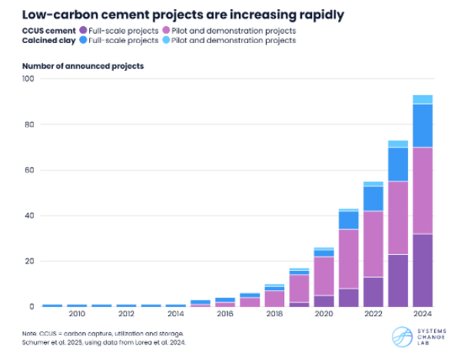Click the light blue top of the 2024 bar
[422, 99]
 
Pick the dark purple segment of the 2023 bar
[397, 280]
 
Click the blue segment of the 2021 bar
[348, 220]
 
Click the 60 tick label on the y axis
[29, 170]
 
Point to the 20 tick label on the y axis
[29, 261]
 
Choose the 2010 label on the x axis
[76, 314]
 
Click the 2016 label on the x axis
[224, 314]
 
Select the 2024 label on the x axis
[422, 314]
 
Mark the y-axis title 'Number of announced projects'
[83, 66]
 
